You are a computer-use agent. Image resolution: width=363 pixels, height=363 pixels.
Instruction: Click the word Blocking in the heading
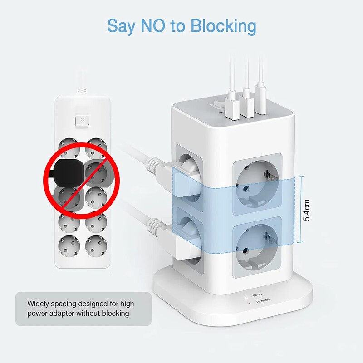pyautogui.click(x=223, y=26)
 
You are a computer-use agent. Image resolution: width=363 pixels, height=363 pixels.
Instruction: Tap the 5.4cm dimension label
pyautogui.click(x=307, y=208)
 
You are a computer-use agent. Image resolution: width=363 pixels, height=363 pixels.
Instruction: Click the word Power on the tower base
pyautogui.click(x=257, y=295)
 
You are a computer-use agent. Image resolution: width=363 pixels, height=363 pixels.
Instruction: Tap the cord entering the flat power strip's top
pyautogui.click(x=81, y=86)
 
